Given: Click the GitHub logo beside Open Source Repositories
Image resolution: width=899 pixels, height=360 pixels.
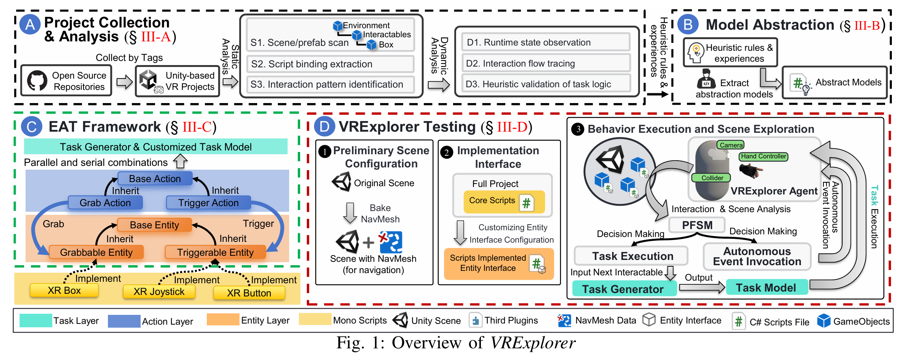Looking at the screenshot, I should (37, 80).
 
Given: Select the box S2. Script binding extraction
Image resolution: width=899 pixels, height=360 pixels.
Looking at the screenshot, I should (330, 64).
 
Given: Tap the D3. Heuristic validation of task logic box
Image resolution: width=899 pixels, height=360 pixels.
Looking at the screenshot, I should (545, 84).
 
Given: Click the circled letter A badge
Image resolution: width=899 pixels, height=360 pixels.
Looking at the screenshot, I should (30, 24).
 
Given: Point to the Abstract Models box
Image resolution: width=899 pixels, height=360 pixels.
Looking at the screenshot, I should (834, 83).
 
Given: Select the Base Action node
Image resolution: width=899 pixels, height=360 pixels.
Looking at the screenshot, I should (155, 179).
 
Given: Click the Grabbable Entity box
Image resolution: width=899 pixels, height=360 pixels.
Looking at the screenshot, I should (96, 252).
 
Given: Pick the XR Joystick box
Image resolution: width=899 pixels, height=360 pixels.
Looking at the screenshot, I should (159, 292).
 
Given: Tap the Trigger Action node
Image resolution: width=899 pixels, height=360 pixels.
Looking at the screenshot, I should (208, 203).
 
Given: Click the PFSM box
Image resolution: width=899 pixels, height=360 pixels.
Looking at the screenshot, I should (697, 225).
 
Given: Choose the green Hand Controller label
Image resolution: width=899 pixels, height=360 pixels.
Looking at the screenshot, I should (763, 156).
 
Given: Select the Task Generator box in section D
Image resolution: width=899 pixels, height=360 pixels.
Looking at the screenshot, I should (623, 289).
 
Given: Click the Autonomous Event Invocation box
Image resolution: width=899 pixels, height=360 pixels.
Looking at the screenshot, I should (757, 256).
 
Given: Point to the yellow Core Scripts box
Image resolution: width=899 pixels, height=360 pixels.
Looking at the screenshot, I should (504, 202).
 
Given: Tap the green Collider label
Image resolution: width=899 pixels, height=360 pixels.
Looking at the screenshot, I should (712, 178).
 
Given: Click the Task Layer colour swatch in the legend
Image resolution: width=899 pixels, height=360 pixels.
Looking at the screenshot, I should (36, 321).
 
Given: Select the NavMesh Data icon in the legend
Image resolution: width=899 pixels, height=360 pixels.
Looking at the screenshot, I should (564, 321).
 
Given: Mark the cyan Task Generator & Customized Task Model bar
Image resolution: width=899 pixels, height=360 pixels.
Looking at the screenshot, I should (156, 147).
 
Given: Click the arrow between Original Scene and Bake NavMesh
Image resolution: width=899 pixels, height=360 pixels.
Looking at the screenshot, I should (350, 213).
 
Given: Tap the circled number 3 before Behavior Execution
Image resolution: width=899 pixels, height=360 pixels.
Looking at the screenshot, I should (578, 129).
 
